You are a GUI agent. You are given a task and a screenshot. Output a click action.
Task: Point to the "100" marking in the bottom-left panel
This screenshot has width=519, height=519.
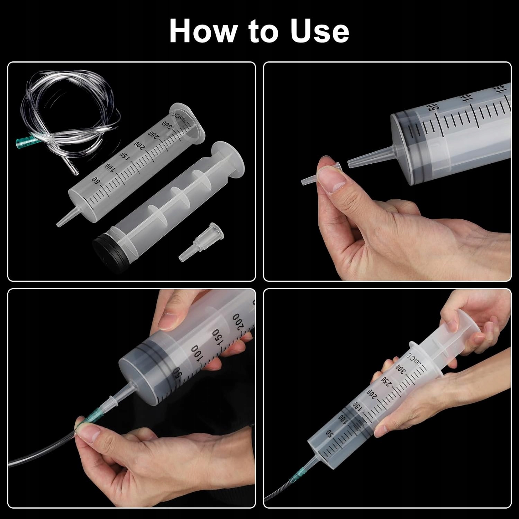tap(197, 353)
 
